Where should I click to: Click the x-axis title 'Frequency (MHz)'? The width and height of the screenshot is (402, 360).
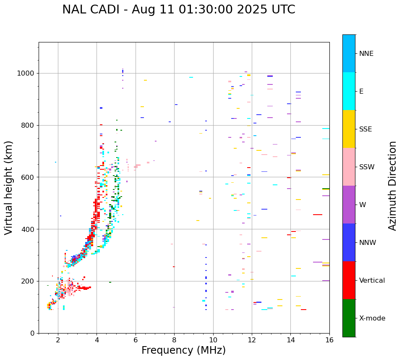click(x=183, y=350)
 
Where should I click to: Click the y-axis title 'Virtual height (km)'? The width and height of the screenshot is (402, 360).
click(x=9, y=188)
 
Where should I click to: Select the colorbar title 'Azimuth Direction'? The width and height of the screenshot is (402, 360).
click(x=392, y=186)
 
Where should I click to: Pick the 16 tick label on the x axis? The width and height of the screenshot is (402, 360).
click(x=329, y=340)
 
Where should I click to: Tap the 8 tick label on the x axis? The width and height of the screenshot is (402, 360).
click(x=174, y=340)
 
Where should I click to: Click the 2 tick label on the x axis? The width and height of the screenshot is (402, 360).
click(x=58, y=340)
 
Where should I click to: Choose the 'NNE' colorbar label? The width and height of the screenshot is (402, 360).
click(x=366, y=54)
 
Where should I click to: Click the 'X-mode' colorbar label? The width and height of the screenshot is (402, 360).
click(x=372, y=318)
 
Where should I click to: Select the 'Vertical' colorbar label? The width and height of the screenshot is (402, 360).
click(x=372, y=281)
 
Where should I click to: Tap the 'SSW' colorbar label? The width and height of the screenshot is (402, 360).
click(x=367, y=167)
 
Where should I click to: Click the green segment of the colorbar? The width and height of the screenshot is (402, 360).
click(x=349, y=318)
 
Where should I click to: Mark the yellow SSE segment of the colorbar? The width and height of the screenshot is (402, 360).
click(x=349, y=129)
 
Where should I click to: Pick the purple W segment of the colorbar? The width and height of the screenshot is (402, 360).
click(x=349, y=205)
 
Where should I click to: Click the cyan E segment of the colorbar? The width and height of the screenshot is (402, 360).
click(x=349, y=91)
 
